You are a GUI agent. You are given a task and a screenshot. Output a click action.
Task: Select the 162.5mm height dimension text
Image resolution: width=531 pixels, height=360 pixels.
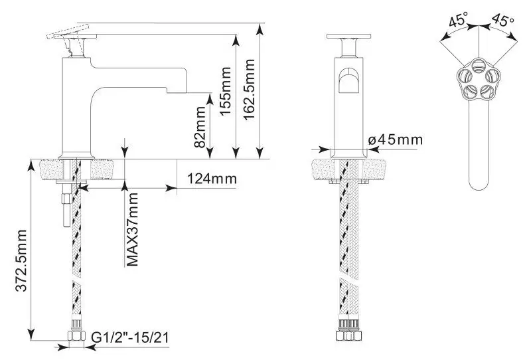pyautogui.click(x=249, y=90)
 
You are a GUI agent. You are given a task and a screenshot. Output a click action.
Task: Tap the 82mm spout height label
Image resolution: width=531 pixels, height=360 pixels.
pyautogui.click(x=200, y=127)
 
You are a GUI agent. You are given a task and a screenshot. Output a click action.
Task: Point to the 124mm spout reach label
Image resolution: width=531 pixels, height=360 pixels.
pyautogui.click(x=212, y=178)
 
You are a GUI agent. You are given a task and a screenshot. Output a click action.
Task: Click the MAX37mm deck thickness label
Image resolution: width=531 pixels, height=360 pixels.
pyautogui.click(x=132, y=230)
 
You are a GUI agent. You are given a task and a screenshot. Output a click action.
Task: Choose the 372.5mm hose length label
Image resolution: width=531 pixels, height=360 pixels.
pyautogui.click(x=21, y=260)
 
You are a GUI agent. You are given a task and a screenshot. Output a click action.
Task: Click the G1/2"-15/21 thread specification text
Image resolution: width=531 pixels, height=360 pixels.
pyautogui.click(x=129, y=337)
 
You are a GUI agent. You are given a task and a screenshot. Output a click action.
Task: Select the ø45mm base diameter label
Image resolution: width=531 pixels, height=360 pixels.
pyautogui.click(x=396, y=139)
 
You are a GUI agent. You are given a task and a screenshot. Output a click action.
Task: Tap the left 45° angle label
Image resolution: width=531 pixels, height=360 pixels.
pyautogui.click(x=458, y=19)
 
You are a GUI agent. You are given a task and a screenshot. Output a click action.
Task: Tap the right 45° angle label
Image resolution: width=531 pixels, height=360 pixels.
pyautogui.click(x=502, y=19)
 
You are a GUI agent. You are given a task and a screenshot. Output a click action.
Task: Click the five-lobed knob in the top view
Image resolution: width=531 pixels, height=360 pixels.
pyautogui.click(x=478, y=78)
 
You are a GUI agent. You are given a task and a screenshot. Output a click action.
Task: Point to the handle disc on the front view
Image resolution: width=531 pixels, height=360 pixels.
pyautogui.click(x=348, y=37)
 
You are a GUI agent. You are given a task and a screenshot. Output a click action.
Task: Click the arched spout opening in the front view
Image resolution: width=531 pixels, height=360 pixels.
pyautogui.click(x=349, y=80)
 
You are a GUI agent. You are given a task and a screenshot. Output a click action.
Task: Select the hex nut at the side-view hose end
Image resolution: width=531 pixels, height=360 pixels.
pyautogui.click(x=76, y=335)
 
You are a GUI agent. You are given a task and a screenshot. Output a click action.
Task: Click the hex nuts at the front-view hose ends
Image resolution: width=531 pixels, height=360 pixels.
pyautogui.click(x=349, y=335)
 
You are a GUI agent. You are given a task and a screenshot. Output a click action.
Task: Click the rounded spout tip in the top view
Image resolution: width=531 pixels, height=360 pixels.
pyautogui.click(x=478, y=183)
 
